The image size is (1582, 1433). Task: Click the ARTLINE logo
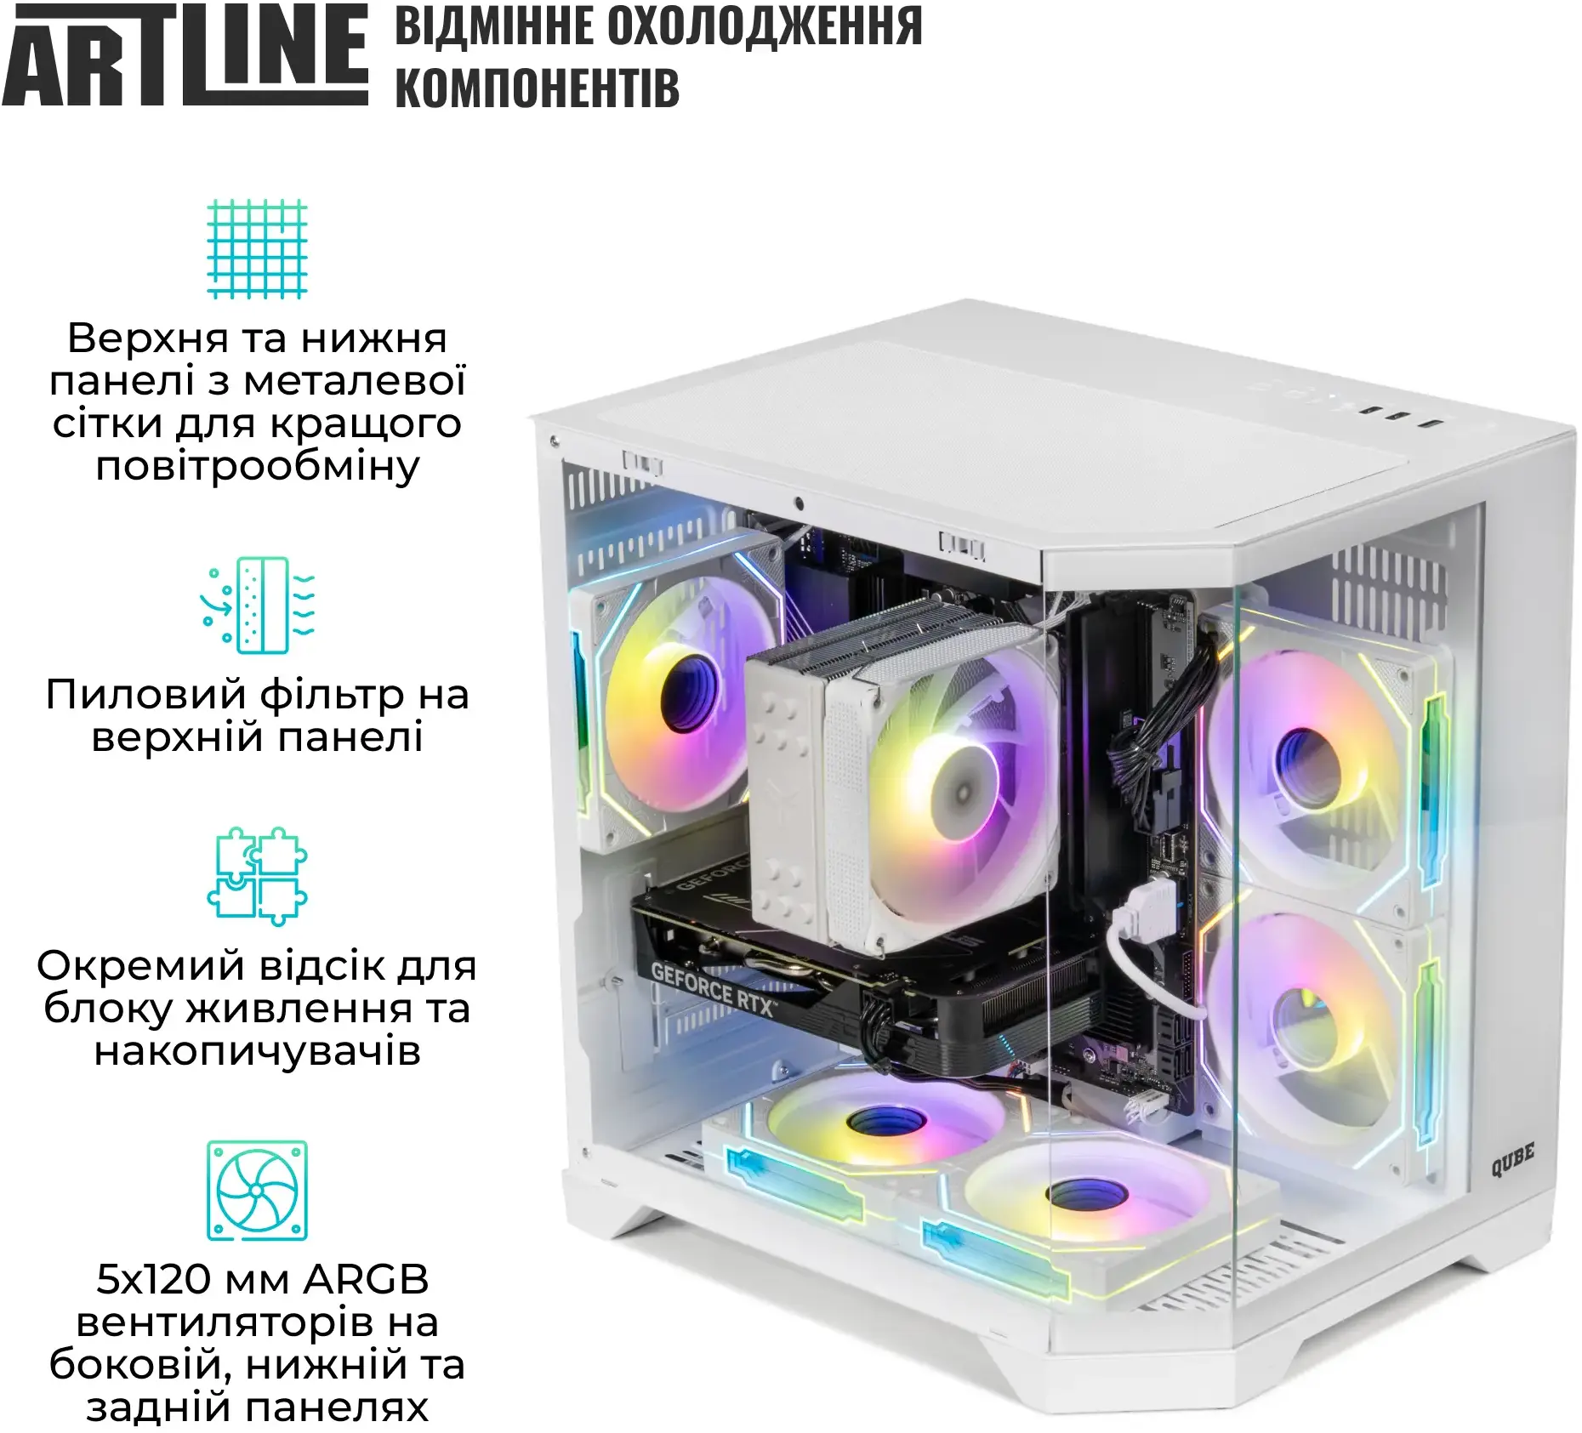185,54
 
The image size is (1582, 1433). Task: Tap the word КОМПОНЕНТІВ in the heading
538,88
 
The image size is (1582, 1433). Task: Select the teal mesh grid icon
258,248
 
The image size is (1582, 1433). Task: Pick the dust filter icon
258,605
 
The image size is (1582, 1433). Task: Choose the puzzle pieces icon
258,876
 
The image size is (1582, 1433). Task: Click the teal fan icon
258,1190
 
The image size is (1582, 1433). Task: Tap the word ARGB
367,1279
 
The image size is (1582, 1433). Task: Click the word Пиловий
147,696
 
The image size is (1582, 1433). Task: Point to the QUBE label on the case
1512,1160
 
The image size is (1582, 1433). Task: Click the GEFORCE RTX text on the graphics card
713,989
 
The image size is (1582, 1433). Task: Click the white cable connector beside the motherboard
1145,907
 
